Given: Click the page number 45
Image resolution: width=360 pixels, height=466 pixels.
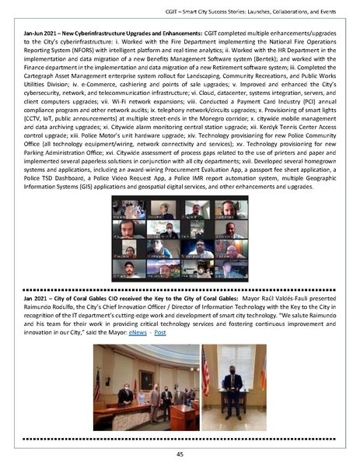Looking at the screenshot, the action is click(x=180, y=454).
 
